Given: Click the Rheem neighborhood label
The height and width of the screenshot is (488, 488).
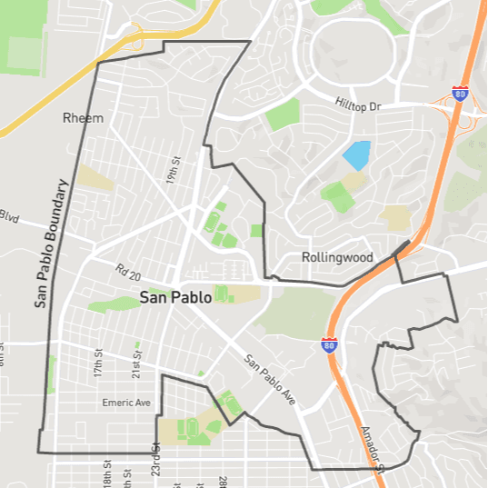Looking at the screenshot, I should (x=83, y=118).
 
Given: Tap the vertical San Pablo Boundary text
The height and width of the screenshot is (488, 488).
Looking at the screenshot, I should (x=52, y=244).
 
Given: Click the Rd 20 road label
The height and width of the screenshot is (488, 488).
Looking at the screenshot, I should (x=130, y=272).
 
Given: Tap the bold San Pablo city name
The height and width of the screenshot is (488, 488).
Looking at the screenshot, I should (x=175, y=297).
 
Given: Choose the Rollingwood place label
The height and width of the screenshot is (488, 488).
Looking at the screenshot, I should (x=337, y=257).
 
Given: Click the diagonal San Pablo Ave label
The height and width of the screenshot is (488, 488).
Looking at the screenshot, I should (x=270, y=378).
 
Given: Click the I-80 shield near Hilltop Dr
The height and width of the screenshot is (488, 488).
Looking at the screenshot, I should (x=461, y=94).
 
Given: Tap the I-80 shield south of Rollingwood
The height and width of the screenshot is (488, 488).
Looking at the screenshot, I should (x=328, y=344).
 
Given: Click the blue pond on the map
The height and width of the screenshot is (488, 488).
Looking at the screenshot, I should (x=356, y=155).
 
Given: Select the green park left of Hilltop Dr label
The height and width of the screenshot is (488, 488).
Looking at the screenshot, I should (x=282, y=115).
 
